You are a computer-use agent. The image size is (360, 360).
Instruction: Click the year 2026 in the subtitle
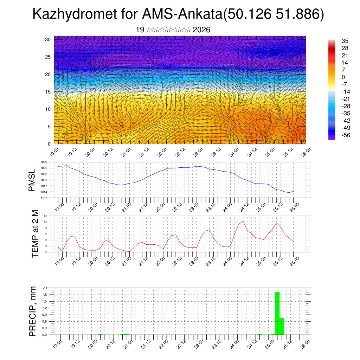(201, 30)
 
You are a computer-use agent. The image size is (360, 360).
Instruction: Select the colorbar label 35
(345, 41)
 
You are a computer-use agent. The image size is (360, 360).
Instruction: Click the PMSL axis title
(32, 180)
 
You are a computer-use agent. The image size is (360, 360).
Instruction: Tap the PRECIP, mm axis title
(33, 311)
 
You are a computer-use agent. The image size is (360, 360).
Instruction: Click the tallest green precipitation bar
(277, 313)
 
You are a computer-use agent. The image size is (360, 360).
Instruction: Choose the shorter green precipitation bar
(282, 326)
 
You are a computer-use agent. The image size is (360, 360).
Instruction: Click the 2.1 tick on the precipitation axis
(45, 288)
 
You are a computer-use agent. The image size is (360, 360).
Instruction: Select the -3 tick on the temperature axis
(46, 252)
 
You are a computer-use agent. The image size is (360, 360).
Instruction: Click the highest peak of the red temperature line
(243, 221)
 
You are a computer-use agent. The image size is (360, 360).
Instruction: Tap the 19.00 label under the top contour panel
(54, 152)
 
